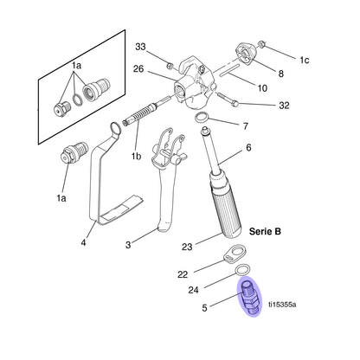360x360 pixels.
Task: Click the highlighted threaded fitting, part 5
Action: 249,297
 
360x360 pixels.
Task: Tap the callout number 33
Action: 140,47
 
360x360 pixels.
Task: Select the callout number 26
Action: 138,69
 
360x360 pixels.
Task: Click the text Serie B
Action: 265,231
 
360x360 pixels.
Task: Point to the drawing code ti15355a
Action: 282,305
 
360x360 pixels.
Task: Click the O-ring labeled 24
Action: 243,270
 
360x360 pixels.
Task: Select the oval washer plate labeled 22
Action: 234,254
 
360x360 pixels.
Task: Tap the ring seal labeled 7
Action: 202,118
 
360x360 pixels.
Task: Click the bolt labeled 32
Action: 228,99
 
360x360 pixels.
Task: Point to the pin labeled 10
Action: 229,70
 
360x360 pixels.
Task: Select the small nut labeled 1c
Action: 262,44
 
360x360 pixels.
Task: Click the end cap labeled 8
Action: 247,55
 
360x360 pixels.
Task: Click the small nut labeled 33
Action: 170,67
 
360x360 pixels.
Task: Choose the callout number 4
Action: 83,242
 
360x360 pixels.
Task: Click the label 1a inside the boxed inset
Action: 77,66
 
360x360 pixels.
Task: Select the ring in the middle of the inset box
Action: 77,100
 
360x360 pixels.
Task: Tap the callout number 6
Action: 248,148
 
